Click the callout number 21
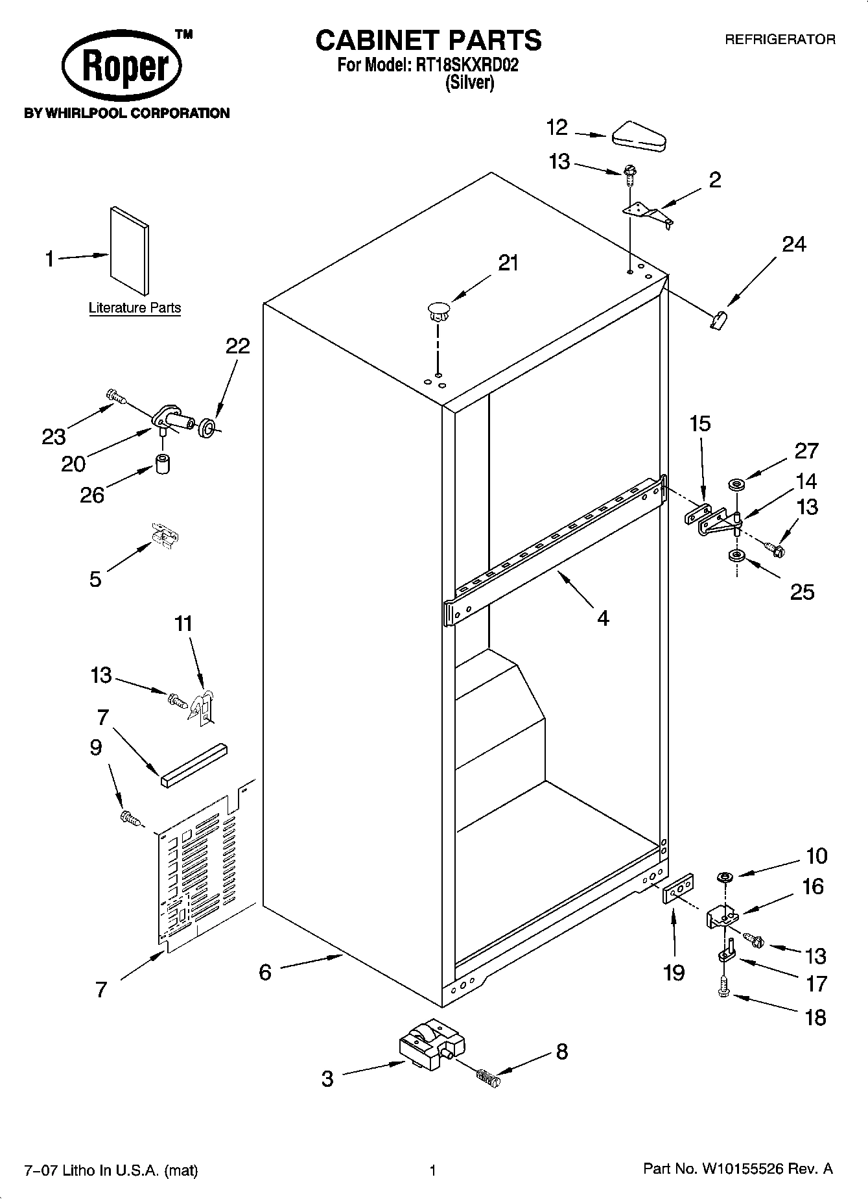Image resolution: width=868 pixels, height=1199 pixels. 508,263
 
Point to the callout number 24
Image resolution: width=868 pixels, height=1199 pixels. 793,244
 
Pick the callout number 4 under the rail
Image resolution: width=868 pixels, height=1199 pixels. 603,618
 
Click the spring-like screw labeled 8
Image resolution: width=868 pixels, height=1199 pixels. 489,1078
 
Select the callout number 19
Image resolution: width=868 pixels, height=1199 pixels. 674,972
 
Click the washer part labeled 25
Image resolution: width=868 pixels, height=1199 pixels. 736,556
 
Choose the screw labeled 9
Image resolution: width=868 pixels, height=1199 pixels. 130,818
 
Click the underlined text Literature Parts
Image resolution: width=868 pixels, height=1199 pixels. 135,308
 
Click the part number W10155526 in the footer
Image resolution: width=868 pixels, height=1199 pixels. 743,1169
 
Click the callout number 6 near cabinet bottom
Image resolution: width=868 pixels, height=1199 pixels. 264,972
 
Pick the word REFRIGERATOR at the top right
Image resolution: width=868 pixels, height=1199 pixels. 780,40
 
